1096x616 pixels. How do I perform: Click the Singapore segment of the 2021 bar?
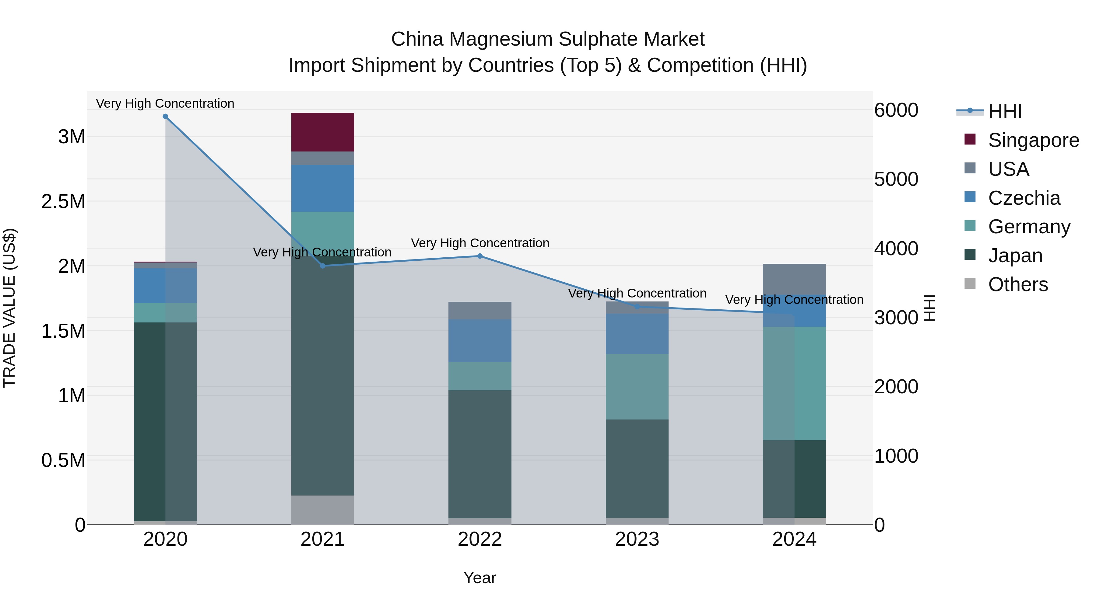click(322, 132)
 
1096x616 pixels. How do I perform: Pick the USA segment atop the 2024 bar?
click(794, 279)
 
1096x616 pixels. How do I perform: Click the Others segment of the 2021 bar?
click(322, 510)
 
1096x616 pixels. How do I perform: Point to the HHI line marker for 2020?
click(166, 117)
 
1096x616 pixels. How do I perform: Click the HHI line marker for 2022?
click(480, 256)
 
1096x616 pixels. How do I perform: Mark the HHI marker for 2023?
click(637, 307)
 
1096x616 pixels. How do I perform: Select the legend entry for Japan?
click(1015, 256)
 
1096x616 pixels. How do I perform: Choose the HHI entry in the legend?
click(1005, 111)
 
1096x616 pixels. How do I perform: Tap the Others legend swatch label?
click(1018, 284)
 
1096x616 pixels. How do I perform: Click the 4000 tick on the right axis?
click(896, 249)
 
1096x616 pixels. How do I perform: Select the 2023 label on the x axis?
click(637, 539)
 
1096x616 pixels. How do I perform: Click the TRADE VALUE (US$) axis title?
click(9, 308)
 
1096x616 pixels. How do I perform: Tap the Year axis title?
click(479, 578)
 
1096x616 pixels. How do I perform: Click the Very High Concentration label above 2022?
click(480, 243)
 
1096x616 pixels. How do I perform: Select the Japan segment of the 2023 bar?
click(637, 468)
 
